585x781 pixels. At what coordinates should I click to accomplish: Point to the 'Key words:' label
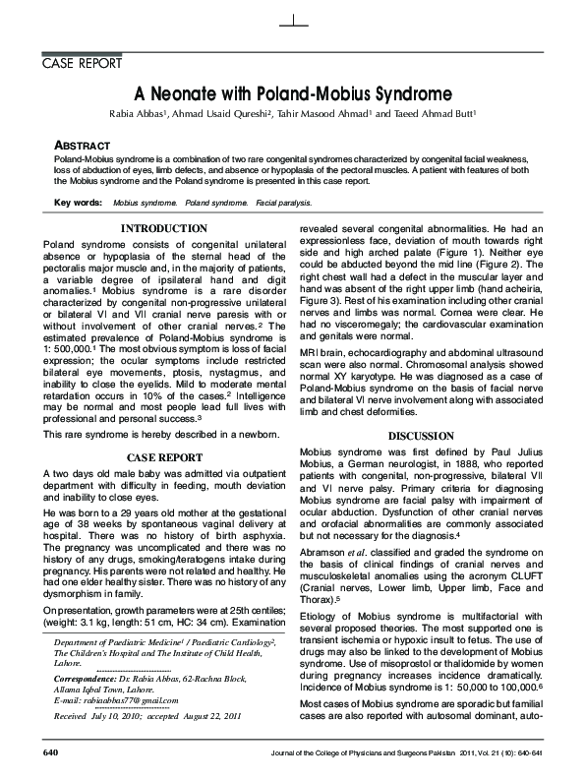click(x=78, y=202)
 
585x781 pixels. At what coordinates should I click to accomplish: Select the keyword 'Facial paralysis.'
click(x=284, y=202)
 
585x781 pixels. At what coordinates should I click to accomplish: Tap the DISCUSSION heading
click(x=421, y=436)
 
